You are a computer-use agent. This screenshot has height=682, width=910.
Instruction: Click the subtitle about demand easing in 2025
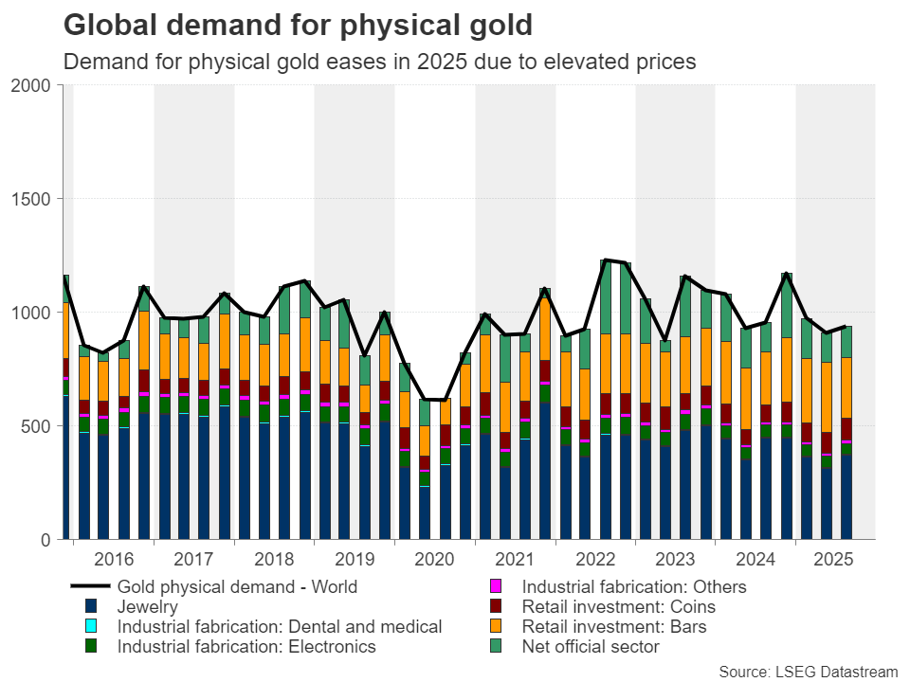point(379,63)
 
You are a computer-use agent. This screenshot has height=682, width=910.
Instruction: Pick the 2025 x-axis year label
point(835,560)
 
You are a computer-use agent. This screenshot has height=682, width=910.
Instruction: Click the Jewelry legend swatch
point(91,607)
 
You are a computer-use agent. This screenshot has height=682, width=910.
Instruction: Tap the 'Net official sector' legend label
point(591,647)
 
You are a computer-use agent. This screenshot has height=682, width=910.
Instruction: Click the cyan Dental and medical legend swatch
point(91,627)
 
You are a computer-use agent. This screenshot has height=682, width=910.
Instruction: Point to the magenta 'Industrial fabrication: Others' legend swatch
point(496,587)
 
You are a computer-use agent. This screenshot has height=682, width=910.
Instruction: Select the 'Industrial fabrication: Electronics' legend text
point(246,647)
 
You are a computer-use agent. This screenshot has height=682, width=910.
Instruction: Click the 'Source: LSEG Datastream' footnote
point(808,672)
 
